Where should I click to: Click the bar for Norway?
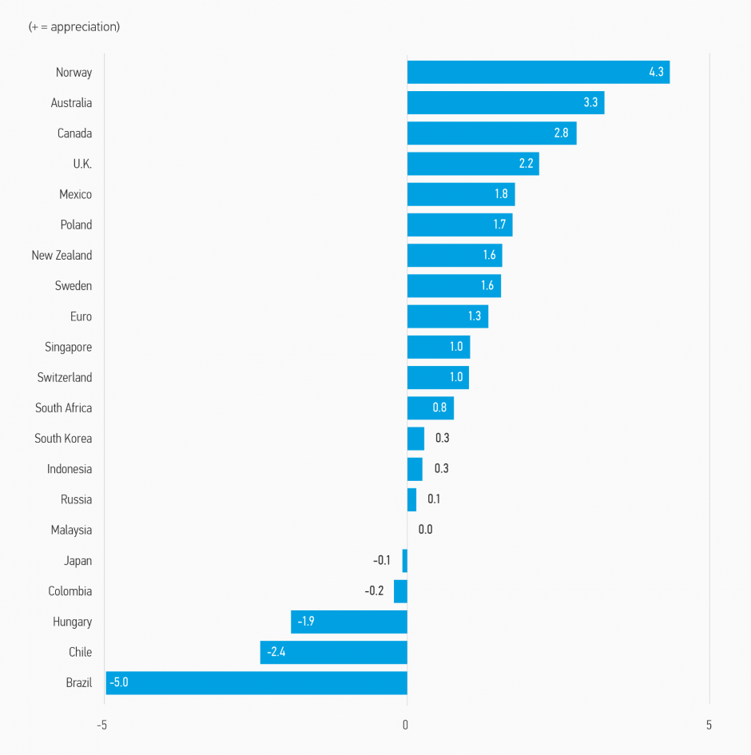coord(538,72)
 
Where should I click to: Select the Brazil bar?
coord(256,682)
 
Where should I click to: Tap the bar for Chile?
coord(333,652)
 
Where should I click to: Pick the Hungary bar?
coord(348,622)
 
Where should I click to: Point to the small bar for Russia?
coord(411,499)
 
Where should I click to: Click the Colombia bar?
coord(400,591)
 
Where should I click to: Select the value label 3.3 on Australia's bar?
coord(590,102)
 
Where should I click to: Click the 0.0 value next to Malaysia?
coord(425,530)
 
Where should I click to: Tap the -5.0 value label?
coord(118,682)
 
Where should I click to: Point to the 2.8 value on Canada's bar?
coord(561,133)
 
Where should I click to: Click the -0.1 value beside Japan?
coord(382,561)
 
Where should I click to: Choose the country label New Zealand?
coord(62,256)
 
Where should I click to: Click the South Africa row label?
coord(63,408)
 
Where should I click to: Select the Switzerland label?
coord(64,378)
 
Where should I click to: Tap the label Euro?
coord(81,316)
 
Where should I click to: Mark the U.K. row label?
coord(82,164)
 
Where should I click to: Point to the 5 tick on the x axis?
coord(709,725)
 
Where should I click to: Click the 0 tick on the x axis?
coord(406,725)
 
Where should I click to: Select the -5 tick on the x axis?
coord(101,725)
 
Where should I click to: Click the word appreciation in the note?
coord(83,26)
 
